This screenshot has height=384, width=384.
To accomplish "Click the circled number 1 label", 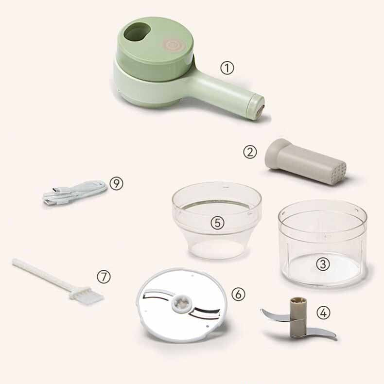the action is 227,68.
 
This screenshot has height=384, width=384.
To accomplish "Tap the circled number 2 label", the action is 250,152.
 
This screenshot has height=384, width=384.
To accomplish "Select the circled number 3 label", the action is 323,264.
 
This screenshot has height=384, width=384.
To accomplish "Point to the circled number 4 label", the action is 323,313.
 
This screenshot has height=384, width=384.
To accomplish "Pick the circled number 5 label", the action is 217,223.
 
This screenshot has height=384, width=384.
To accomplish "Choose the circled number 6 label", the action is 238,294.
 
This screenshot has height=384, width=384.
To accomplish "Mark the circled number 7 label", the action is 104,277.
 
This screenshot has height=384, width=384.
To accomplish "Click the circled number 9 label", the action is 116,183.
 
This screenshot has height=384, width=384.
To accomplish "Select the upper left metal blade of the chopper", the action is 274,314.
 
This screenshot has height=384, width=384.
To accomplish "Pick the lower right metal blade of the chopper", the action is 321,332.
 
